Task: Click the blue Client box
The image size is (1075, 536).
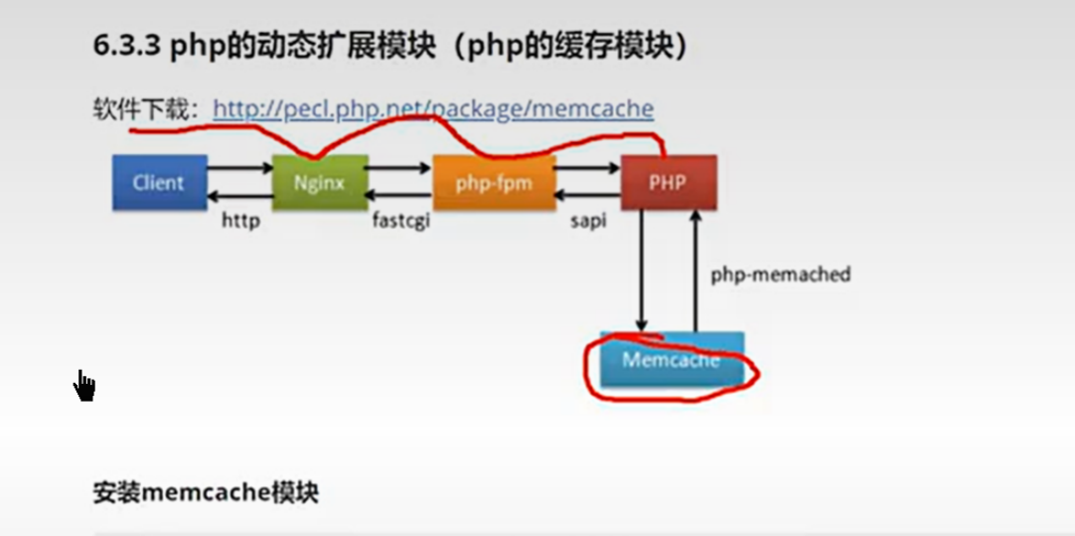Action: tap(159, 182)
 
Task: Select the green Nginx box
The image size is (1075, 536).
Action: tap(320, 182)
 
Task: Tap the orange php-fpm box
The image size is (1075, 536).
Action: tap(494, 182)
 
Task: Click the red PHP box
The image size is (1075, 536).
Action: tap(668, 182)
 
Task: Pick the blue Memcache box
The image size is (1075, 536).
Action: tap(671, 360)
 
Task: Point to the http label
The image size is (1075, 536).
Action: tap(240, 221)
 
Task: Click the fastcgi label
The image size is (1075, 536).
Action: tap(401, 221)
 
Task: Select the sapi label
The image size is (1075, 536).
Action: tap(588, 221)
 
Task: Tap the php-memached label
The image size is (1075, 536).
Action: tap(781, 274)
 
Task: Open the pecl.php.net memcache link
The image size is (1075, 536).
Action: tap(433, 108)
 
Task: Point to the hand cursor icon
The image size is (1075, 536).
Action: tap(84, 385)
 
